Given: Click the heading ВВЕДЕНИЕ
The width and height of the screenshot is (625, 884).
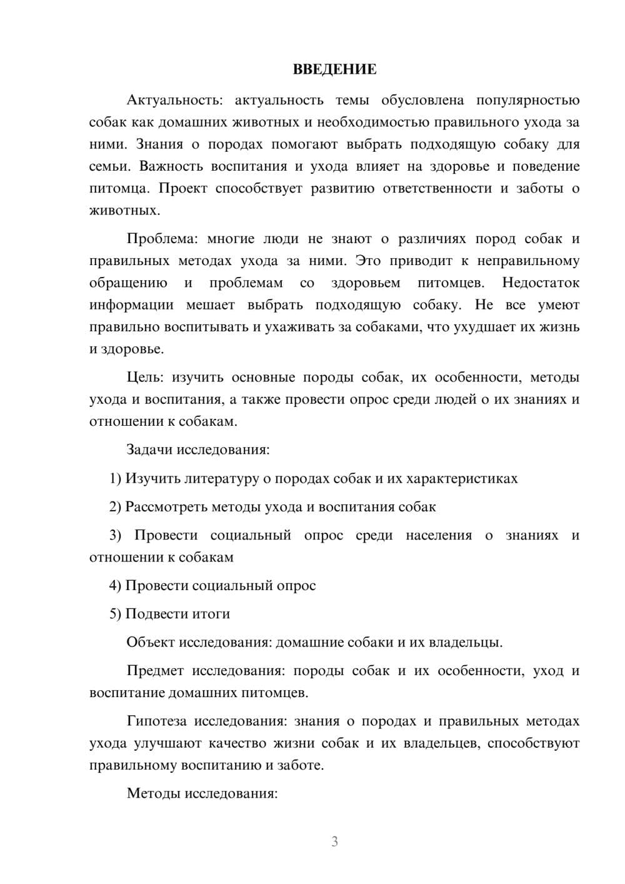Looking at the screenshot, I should click(x=334, y=69).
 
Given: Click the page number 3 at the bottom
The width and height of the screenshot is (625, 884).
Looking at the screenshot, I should click(x=334, y=841).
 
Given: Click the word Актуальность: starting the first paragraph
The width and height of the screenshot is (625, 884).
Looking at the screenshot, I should click(x=169, y=100).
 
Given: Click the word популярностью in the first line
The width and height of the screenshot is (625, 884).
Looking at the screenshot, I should click(x=527, y=100).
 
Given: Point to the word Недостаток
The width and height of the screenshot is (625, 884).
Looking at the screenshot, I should click(x=541, y=283).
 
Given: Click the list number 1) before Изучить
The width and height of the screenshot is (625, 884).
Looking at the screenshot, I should click(x=115, y=479).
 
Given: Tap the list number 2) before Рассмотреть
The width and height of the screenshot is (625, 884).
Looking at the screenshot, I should click(x=115, y=507).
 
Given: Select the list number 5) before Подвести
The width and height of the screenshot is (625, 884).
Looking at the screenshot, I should click(x=115, y=614).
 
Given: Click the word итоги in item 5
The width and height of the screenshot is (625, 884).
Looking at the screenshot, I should click(x=212, y=614).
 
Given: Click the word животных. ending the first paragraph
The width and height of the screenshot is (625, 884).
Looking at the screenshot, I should click(x=124, y=210).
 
